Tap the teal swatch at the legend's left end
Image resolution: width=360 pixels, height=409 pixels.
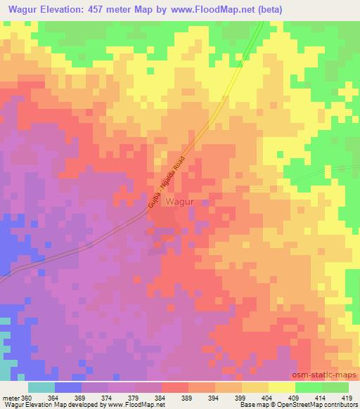41,387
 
